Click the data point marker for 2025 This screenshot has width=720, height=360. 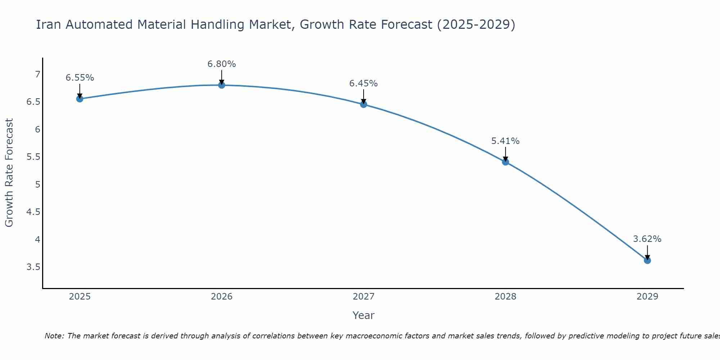coord(80,99)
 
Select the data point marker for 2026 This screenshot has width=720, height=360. coord(222,85)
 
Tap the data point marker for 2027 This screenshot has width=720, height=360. coord(364,104)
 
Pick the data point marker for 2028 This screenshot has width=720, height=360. coord(505,162)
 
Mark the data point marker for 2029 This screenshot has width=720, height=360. coord(647,260)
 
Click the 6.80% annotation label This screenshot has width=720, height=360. coord(222,64)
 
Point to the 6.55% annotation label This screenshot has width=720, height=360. coord(80,78)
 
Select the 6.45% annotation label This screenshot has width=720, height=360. coord(364,84)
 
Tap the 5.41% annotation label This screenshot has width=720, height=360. coord(505,141)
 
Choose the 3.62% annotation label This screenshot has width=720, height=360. coord(647,239)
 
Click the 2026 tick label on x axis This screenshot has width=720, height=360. coord(222,297)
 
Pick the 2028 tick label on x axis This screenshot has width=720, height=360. coord(505,297)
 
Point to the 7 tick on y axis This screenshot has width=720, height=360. coord(37,75)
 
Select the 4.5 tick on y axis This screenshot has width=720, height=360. coord(33,212)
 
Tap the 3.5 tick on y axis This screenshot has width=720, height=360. coord(33,267)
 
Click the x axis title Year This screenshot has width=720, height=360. coord(364,315)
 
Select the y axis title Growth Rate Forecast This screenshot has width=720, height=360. coord(9,173)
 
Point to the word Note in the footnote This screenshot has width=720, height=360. coord(54,336)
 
